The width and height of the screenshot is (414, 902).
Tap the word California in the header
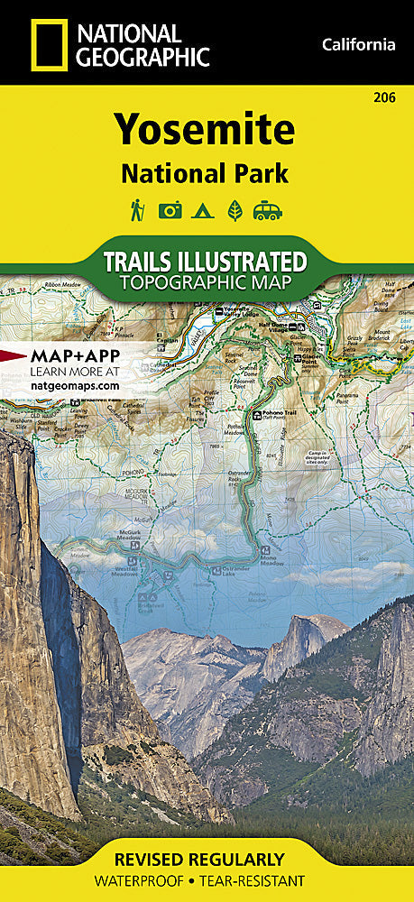(359, 44)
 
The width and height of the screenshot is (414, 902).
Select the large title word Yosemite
(205, 131)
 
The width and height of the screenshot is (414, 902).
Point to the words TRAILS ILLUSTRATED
(205, 262)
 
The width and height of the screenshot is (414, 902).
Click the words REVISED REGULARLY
(207, 858)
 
